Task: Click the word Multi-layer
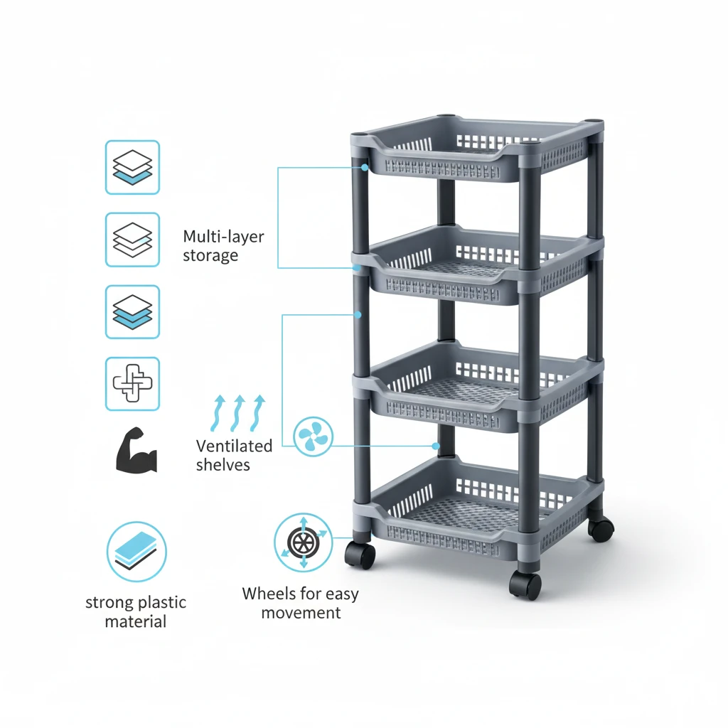tap(223, 236)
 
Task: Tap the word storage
tap(210, 255)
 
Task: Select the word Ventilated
tap(234, 446)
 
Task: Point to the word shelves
tap(223, 465)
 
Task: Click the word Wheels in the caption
tap(269, 594)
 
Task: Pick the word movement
tap(301, 613)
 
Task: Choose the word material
tap(136, 621)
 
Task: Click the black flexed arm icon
tap(136, 450)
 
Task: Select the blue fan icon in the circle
tap(314, 437)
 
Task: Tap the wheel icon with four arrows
tap(303, 542)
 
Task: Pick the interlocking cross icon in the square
tap(133, 383)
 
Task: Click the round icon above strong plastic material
tap(136, 552)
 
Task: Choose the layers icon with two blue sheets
tap(133, 311)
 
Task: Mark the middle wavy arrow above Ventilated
tap(238, 413)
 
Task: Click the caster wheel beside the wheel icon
tap(360, 555)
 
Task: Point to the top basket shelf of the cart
tap(477, 149)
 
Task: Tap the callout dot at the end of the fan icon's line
tap(436, 446)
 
